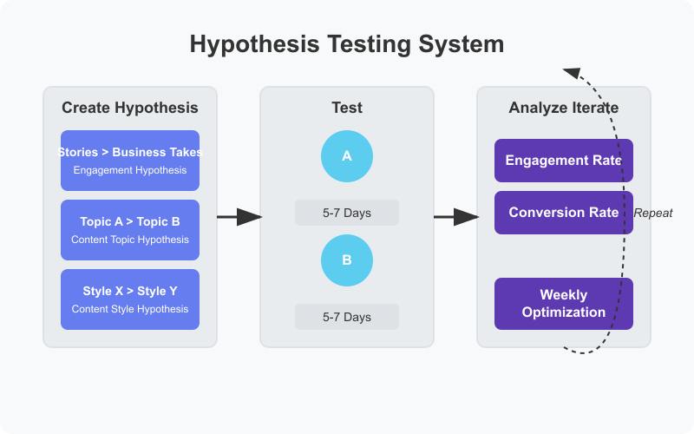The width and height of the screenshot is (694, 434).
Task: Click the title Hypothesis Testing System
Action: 347,45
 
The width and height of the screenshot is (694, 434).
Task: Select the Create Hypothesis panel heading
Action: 130,108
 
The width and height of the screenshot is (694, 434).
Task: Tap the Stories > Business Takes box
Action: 130,160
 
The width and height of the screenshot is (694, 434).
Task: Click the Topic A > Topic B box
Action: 130,230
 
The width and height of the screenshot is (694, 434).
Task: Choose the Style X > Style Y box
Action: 130,299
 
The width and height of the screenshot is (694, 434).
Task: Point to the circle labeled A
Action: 347,156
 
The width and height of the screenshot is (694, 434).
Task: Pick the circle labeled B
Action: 347,260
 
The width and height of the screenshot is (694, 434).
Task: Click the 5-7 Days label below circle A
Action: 347,213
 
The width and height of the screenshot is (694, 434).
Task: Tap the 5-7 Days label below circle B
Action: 347,317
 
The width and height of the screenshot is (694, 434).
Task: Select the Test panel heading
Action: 347,108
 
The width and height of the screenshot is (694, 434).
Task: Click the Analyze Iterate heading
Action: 564,108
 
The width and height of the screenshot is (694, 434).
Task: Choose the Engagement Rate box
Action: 564,161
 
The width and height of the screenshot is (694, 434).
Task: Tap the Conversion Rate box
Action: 564,213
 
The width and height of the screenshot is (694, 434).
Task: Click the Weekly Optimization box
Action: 564,304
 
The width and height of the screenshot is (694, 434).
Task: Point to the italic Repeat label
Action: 653,214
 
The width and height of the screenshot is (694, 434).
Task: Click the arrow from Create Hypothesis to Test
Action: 239,217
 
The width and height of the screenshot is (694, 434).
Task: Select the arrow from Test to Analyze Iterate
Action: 455,217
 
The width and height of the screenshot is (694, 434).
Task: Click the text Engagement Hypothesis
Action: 130,170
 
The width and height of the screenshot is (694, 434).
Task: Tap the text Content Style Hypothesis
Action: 130,309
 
